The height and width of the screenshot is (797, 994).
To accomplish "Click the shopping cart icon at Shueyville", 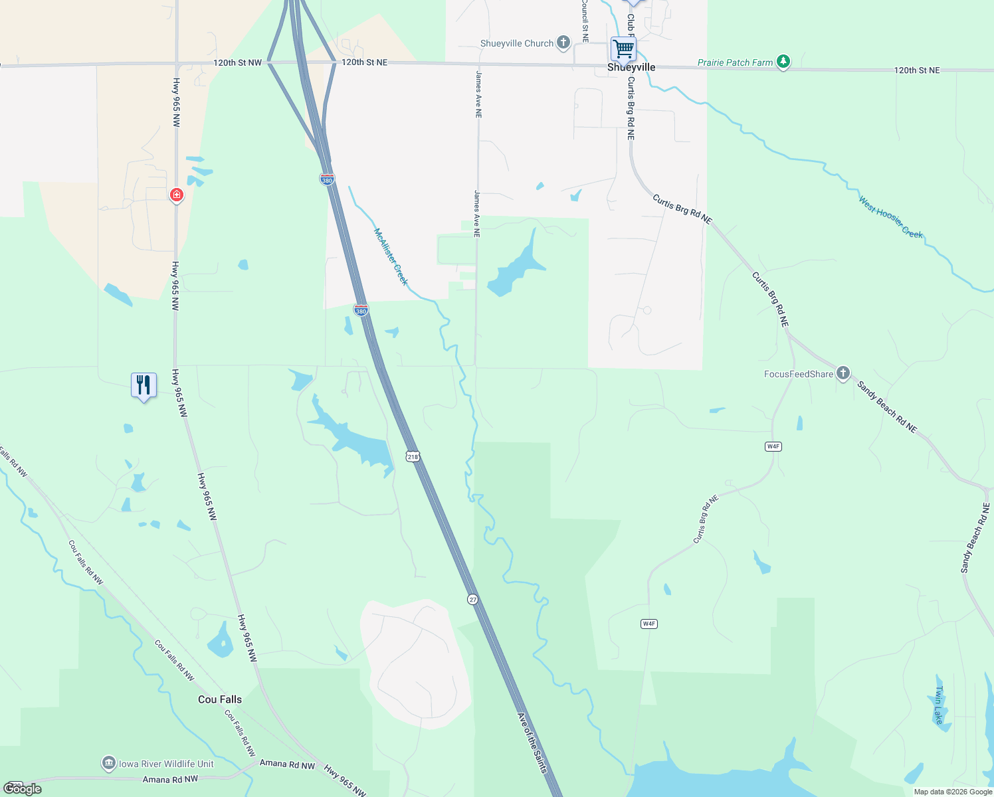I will point(623,48).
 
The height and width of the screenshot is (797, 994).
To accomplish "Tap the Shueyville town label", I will point(631,68).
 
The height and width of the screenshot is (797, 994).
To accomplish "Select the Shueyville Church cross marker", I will point(563,43).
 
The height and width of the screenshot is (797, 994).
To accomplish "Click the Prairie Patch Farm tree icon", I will point(784,62).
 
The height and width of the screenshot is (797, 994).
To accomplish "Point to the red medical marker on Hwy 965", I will point(176,195).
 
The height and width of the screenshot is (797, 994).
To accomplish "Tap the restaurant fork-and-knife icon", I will point(144,385).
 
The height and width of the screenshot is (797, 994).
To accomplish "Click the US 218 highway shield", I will point(413,456).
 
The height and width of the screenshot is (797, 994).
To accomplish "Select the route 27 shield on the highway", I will point(472,599).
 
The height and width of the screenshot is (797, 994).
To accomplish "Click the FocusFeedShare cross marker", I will point(843,373).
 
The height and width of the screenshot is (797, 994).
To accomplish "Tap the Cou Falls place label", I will point(220,699).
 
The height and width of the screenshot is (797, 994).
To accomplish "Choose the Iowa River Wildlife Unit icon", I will point(109,764).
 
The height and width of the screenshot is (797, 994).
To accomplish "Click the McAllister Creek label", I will point(391,256).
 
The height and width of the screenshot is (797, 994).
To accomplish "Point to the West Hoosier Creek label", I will point(890,217).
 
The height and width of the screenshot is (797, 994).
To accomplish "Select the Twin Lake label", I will point(938,705).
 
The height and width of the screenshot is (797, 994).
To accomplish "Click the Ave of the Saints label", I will point(532,742).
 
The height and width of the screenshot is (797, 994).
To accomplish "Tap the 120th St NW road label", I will point(238,62).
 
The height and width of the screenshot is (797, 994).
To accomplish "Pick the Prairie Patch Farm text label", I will point(735,62).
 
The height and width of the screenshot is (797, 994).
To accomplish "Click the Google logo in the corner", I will point(23,789).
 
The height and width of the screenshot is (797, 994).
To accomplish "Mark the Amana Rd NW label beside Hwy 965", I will point(287,764).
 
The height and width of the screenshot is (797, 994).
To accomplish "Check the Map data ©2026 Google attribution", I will point(952,792).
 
